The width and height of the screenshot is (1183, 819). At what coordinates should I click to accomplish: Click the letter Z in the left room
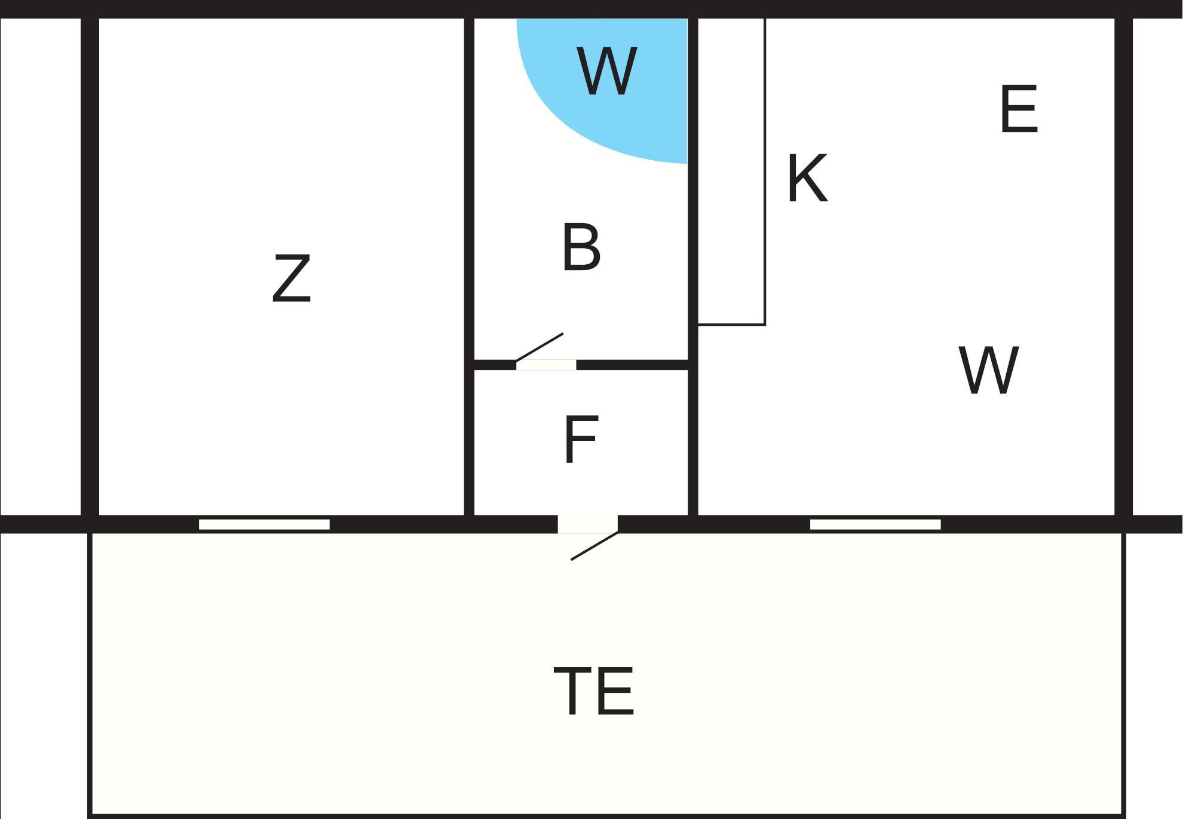click(x=292, y=279)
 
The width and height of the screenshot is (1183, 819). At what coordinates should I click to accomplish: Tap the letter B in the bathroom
click(x=581, y=247)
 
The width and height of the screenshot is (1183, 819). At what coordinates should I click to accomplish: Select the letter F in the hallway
click(x=580, y=439)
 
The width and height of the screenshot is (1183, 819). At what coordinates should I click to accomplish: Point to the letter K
click(x=807, y=178)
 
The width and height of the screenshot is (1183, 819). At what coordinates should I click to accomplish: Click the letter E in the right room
click(x=1019, y=109)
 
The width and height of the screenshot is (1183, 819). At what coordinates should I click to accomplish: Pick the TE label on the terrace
click(x=593, y=691)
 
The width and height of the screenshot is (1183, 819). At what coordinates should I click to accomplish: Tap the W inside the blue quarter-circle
click(x=606, y=72)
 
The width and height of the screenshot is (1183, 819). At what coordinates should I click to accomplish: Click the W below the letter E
click(x=988, y=370)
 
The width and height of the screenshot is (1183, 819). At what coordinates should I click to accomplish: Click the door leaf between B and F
click(x=540, y=347)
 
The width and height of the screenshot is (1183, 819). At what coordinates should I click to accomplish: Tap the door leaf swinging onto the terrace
click(x=594, y=546)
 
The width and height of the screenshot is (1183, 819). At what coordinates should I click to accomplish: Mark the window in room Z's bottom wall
click(x=264, y=524)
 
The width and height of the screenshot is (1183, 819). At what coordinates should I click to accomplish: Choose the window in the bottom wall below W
click(x=875, y=524)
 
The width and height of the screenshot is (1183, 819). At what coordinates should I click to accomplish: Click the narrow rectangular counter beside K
click(x=731, y=173)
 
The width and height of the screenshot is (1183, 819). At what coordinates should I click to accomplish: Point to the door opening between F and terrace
click(x=587, y=524)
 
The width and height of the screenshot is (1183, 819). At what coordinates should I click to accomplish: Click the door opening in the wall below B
click(x=546, y=365)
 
